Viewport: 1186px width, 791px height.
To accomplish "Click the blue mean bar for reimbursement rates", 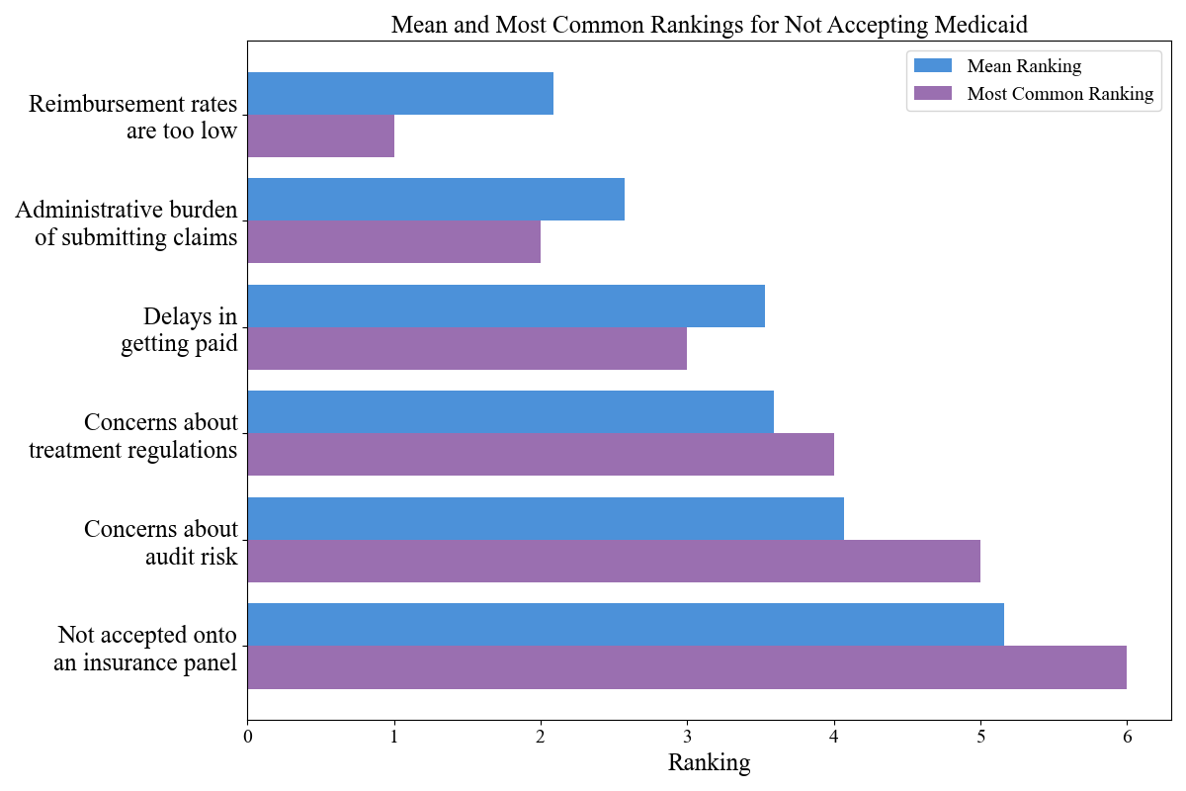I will pos(400,93).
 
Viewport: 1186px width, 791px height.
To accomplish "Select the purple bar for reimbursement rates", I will pos(321,135).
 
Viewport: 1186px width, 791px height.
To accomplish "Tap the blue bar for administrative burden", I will pos(436,200).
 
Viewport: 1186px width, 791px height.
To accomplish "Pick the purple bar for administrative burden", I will pos(394,242).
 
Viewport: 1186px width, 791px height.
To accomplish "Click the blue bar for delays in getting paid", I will pos(506,306).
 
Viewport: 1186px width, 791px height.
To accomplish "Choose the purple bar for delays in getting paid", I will pos(467,348).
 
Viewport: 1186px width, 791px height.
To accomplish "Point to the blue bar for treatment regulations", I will pos(511,411).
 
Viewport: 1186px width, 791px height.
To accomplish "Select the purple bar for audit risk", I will pos(614,561).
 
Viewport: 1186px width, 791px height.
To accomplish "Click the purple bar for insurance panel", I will pos(687,667).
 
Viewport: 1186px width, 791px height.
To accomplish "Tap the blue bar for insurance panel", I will pos(626,624).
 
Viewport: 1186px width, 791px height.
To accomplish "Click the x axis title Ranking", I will pos(709,763).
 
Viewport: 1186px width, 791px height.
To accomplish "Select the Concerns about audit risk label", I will pos(161,543).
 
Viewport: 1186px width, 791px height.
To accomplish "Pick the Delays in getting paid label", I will pos(179,330).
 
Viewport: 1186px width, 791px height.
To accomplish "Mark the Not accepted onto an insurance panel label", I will pos(147,649).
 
